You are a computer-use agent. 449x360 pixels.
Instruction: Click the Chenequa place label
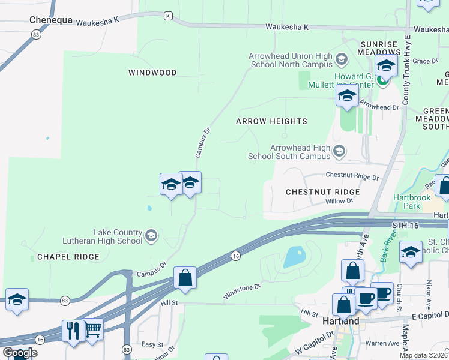pyautogui.click(x=51, y=20)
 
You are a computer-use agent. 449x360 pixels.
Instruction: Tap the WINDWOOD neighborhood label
pyautogui.click(x=152, y=73)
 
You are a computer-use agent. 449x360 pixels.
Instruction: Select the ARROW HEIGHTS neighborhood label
pyautogui.click(x=271, y=121)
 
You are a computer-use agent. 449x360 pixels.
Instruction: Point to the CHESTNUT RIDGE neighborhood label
pyautogui.click(x=322, y=192)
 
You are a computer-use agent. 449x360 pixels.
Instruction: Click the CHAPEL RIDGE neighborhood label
pyautogui.click(x=68, y=257)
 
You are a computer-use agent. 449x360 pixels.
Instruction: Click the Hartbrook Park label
pyautogui.click(x=412, y=202)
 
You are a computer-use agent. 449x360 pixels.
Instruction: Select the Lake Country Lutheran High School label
pyautogui.click(x=118, y=236)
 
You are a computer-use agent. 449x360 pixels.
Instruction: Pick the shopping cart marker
pyautogui.click(x=92, y=328)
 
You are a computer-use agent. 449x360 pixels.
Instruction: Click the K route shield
pyautogui.click(x=168, y=15)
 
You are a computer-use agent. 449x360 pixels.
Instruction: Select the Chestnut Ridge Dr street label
pyautogui.click(x=352, y=176)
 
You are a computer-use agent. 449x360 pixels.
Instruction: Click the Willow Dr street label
pyautogui.click(x=339, y=201)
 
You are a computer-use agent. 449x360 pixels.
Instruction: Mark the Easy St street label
pyautogui.click(x=152, y=344)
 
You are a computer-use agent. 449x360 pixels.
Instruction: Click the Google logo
pyautogui.click(x=20, y=353)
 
